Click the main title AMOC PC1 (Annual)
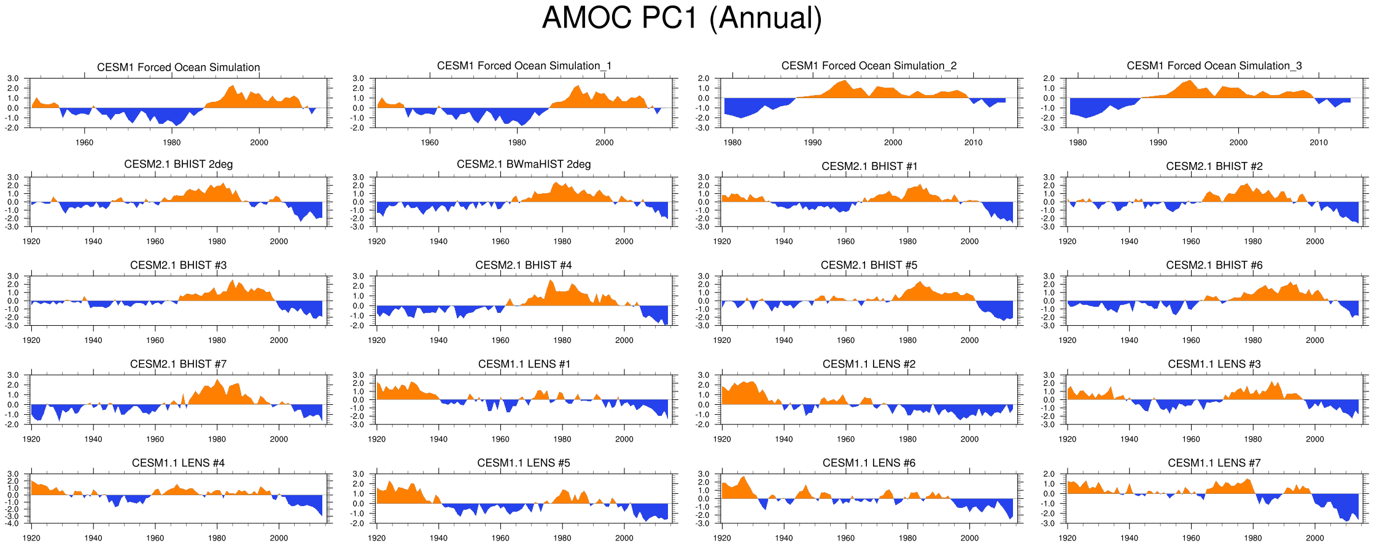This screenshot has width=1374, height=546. click(x=681, y=18)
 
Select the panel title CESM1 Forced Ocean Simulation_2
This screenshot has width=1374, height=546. click(x=869, y=66)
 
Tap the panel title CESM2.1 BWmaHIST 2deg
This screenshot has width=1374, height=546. click(x=524, y=164)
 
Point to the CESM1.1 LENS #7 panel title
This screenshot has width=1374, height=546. click(x=1214, y=463)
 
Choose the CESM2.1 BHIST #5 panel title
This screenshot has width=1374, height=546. click(x=869, y=265)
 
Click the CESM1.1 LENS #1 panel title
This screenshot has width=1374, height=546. click(x=524, y=364)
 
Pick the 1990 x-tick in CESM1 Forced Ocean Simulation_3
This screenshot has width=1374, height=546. click(x=1158, y=142)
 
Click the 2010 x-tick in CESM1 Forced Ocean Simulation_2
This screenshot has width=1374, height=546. click(x=973, y=142)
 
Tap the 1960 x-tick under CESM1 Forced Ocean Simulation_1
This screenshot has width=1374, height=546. click(x=430, y=142)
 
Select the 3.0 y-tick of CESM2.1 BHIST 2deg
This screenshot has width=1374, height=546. click(x=13, y=177)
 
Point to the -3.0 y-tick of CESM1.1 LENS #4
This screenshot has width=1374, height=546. click(x=13, y=517)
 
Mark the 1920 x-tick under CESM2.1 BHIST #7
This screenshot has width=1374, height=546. click(x=31, y=439)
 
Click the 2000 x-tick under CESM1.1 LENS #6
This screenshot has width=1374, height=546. click(x=969, y=538)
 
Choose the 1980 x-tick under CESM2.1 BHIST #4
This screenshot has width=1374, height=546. click(x=562, y=340)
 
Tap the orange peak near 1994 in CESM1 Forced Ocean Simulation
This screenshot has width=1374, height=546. click(x=233, y=87)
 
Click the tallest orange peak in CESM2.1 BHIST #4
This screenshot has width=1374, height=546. click(x=550, y=281)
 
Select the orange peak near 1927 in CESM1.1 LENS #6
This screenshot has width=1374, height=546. click(x=744, y=477)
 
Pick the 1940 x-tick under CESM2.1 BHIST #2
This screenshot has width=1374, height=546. click(x=1129, y=242)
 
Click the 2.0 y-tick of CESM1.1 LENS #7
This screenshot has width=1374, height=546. click(x=1049, y=474)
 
